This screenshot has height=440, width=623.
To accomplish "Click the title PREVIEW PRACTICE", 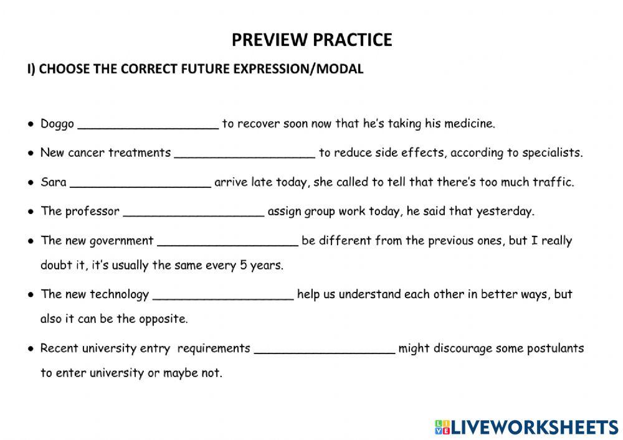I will pos(311,40).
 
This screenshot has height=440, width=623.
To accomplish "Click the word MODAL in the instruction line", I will pos(340,69).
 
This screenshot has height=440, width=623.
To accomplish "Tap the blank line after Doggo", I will pos(148,124).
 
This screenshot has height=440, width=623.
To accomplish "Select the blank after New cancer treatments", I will pos(245,153).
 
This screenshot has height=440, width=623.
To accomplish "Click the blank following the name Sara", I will pos(140,183).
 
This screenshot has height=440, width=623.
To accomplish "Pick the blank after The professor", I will pos(194,212).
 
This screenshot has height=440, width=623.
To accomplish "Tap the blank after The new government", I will pos(228,241).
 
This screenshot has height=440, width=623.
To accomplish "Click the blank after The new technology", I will pos(223,295).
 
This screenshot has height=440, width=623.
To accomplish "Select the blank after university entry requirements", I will pos(325,349).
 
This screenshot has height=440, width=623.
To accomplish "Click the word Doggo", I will pos(57,124).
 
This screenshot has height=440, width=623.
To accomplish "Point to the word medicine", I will pos(469,124).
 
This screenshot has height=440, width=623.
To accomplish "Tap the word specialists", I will pos(553,153).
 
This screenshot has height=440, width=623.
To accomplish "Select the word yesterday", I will pos(505,211).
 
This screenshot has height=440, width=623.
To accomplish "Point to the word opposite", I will pos(163,319).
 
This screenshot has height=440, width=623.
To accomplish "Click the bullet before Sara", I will pos(31,182).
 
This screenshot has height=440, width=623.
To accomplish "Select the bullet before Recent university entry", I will pos(31,349).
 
